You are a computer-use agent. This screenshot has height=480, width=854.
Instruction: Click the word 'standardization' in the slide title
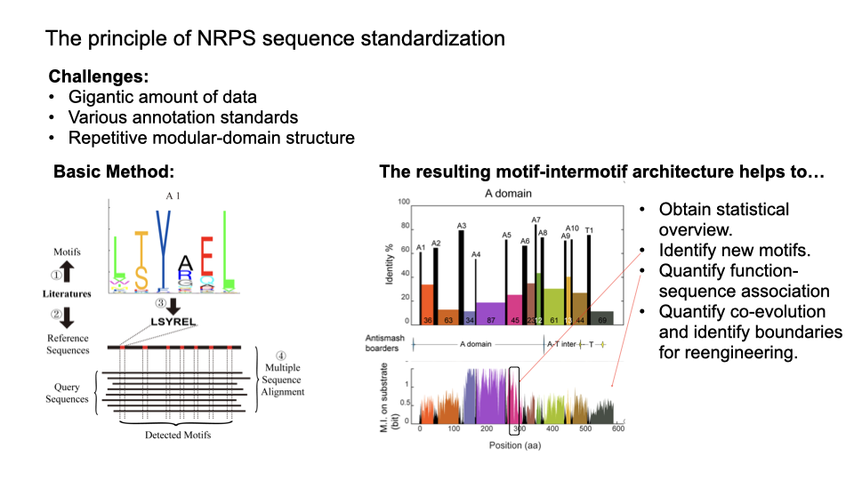click(436, 39)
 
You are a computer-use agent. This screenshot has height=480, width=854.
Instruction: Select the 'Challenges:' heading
click(99, 76)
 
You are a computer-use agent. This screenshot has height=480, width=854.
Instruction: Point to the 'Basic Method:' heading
click(113, 172)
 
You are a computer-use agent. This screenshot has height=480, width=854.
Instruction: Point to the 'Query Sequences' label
click(68, 392)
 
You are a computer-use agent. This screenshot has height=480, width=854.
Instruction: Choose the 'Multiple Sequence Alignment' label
click(283, 379)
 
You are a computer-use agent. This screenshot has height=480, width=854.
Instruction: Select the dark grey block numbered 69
click(601, 317)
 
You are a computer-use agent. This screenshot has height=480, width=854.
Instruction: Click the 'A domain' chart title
click(508, 195)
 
